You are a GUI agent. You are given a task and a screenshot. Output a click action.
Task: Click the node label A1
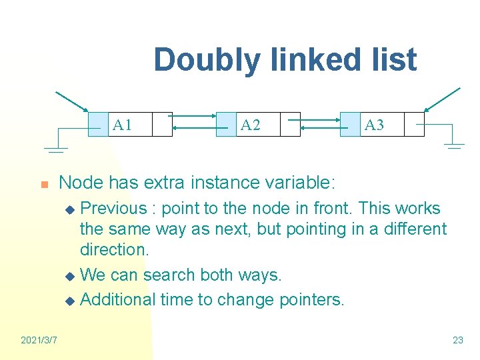pos(122,125)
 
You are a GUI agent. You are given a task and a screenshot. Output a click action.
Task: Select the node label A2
pos(250,125)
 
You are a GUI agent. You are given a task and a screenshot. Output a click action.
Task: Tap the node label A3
pos(374,125)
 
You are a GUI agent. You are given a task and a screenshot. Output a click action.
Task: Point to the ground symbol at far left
pos(57,149)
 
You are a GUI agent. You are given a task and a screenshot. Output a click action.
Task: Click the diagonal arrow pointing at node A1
pos(71,101)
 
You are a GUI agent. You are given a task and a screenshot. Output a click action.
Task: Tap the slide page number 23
pos(457,340)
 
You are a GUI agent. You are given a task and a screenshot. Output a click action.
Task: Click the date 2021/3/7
pos(39,340)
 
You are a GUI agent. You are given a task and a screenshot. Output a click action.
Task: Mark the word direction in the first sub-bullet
pos(113,250)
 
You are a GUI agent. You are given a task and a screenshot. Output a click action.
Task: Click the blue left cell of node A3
pos(349,125)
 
